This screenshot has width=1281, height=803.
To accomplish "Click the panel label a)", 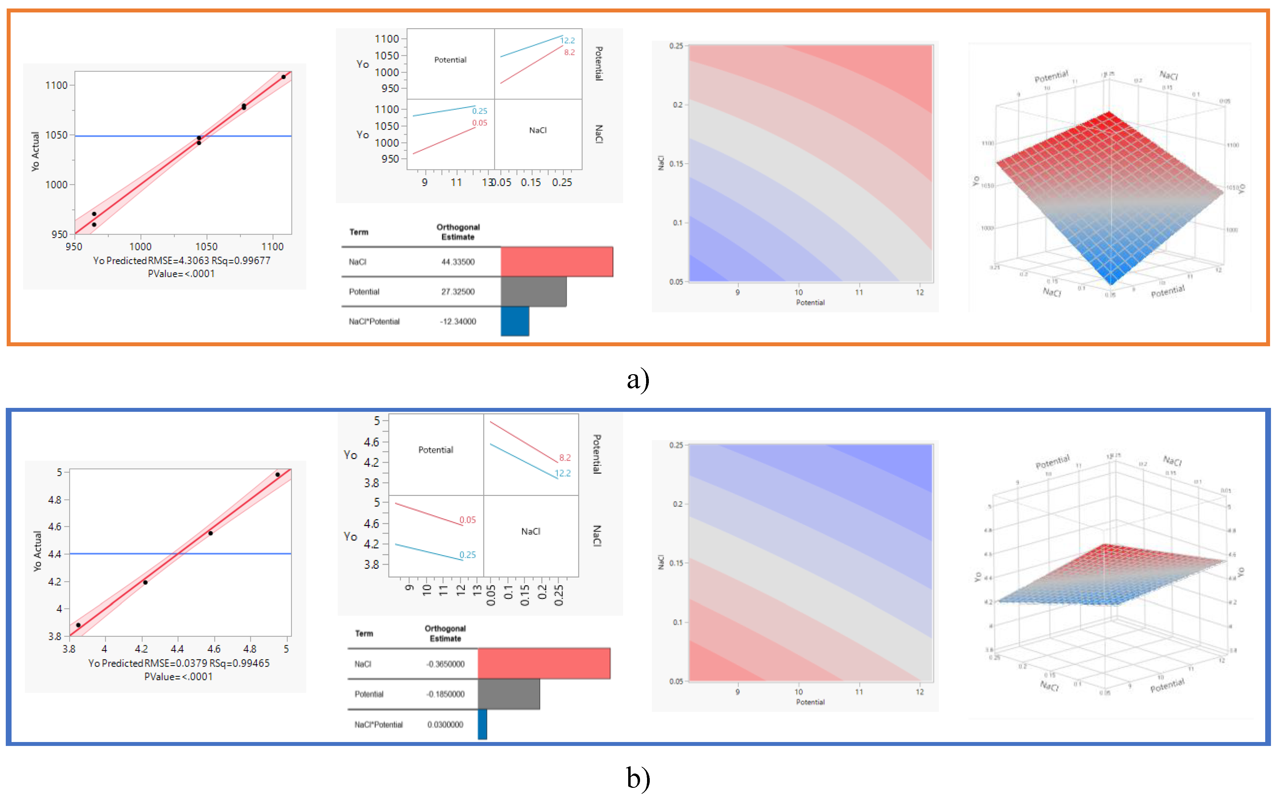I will coord(638,379).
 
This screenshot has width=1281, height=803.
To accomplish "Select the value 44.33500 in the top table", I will coord(458,262).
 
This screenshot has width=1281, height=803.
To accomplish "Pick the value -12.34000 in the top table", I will coord(458,321).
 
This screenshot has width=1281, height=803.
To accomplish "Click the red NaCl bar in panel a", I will coord(557,262).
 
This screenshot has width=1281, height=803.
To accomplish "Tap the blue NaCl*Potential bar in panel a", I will coord(515,321).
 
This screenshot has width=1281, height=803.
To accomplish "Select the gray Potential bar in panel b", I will coord(509,694).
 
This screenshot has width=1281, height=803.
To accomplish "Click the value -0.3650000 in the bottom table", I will coord(445,664).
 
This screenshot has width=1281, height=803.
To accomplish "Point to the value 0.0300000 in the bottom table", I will coord(445,724).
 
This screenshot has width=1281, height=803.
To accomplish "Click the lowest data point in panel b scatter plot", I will coord(78,625).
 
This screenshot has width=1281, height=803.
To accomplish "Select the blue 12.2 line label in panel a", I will coord(568,40).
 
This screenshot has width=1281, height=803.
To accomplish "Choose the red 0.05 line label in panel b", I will coord(468,520).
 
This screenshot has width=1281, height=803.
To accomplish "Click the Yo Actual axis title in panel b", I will coord(37,551).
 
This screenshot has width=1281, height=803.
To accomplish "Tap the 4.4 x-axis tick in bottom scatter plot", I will coord(177,649).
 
